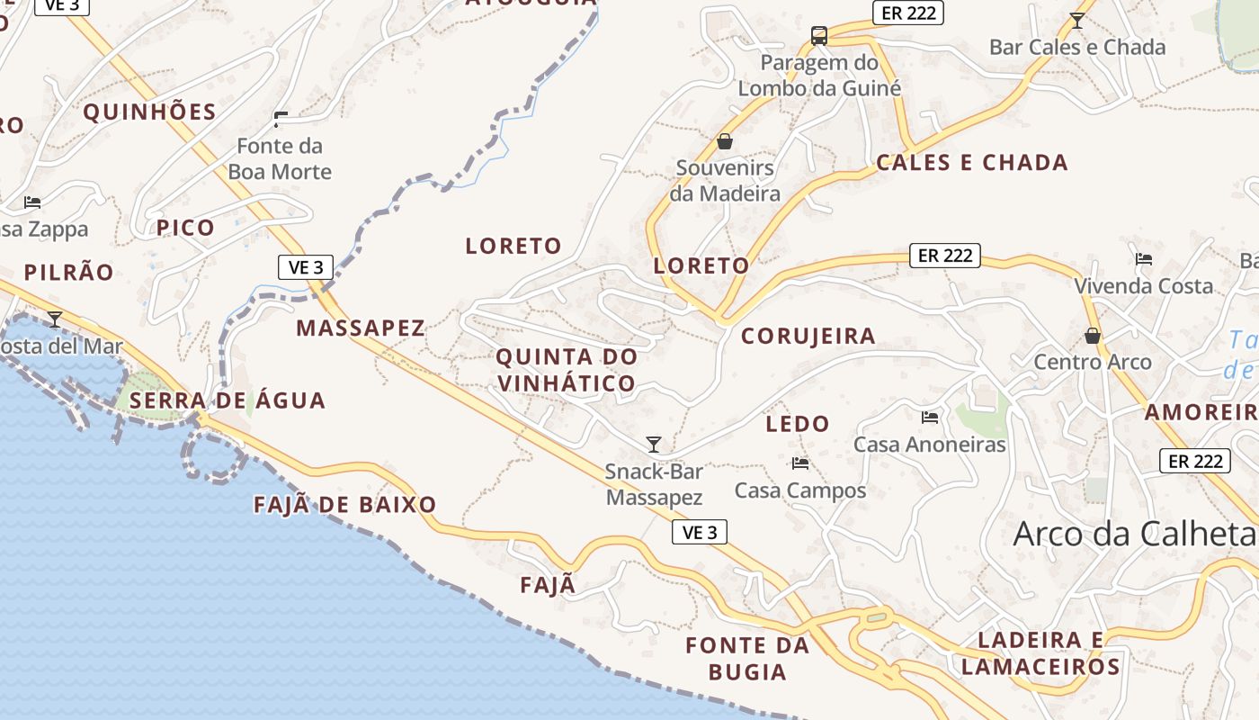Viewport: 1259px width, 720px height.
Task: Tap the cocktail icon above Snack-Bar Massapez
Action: tap(654, 445)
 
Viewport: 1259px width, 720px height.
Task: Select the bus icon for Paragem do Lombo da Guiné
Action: tap(819, 36)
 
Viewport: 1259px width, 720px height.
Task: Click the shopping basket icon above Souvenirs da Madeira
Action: tap(725, 141)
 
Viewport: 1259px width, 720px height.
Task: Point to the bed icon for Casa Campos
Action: tap(799, 463)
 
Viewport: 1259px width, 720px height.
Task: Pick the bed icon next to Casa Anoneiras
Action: tap(930, 417)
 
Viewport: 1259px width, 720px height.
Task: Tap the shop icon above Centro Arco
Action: tap(1093, 336)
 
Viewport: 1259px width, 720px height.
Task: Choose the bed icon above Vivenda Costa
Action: tap(1144, 259)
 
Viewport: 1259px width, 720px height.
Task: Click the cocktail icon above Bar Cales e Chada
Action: tap(1076, 20)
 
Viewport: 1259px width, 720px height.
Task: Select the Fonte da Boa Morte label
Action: tap(280, 158)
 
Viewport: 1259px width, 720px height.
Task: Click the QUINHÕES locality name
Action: tap(150, 112)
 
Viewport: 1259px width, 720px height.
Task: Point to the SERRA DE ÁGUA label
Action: tap(227, 400)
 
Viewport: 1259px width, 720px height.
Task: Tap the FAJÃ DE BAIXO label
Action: tap(345, 504)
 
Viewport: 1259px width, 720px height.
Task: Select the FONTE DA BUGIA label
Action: tap(747, 658)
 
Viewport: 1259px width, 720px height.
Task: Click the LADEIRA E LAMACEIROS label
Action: tap(1040, 653)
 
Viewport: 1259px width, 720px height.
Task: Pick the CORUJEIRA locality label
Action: tap(808, 336)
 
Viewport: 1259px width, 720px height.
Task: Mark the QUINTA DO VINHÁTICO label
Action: tap(567, 370)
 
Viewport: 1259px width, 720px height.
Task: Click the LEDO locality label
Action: tap(797, 423)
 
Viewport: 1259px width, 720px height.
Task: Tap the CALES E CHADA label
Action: tap(972, 163)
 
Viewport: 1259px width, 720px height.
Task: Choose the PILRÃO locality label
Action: tap(69, 272)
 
